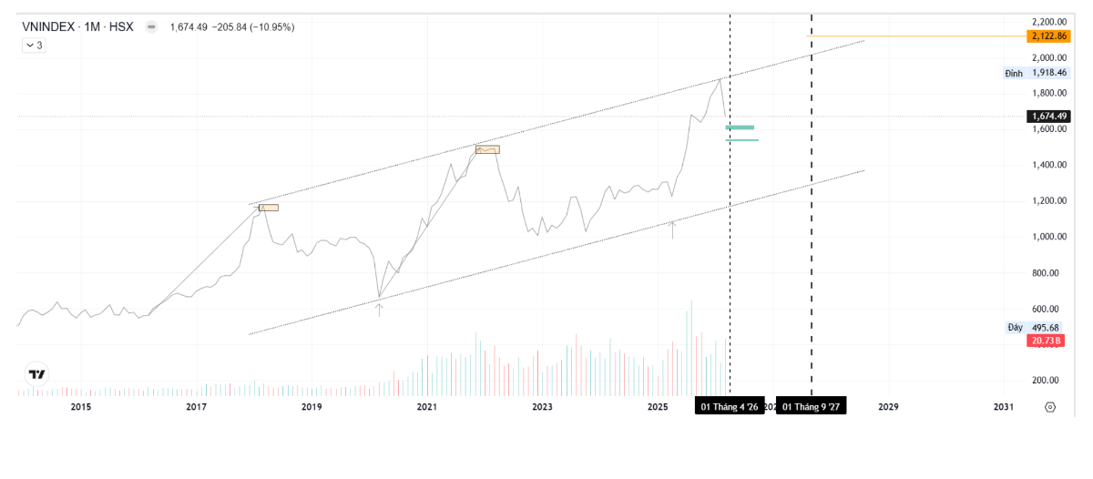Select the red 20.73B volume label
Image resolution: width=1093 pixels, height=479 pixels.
tap(1045, 341)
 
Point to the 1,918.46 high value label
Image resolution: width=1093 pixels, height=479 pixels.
tap(1048, 73)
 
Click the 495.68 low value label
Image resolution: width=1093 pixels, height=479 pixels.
tap(1048, 327)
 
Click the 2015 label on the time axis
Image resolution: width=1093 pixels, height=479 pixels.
tap(81, 407)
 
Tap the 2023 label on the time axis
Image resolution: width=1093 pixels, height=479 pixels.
tap(542, 407)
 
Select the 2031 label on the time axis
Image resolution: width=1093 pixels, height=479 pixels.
tap(1003, 407)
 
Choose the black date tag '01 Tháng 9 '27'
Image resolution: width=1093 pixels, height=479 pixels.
tap(811, 407)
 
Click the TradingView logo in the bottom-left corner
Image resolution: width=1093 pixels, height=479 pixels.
tap(37, 374)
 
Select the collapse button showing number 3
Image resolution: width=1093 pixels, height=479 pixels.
tap(33, 45)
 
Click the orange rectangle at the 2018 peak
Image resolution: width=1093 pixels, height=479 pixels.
tap(269, 208)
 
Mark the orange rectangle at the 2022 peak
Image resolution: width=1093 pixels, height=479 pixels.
tap(487, 149)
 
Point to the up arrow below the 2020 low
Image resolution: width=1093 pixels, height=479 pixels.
tap(379, 310)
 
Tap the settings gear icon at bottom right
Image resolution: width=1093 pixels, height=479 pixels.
tap(1050, 407)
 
